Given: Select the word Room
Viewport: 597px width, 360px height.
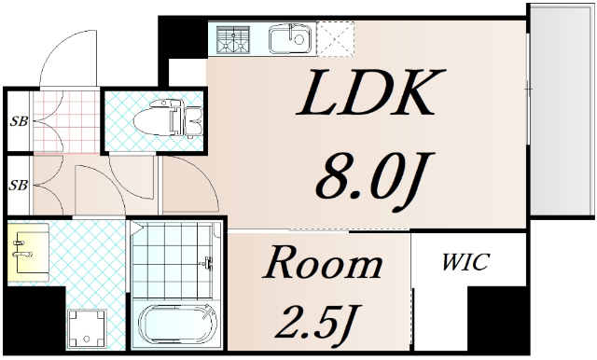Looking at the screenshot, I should [x=322, y=264].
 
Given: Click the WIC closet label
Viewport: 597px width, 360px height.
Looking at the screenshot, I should [x=465, y=263].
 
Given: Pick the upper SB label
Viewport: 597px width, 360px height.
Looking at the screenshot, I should [x=17, y=121].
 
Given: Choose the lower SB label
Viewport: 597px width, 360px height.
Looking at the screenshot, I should [x=17, y=185].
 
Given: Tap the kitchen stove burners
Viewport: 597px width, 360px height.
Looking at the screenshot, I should [x=235, y=39].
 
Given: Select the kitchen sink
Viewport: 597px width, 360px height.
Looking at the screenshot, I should [x=289, y=39].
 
